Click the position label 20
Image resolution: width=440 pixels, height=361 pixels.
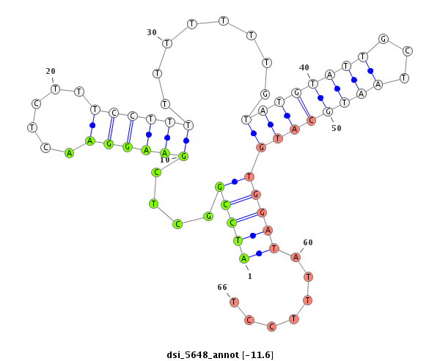tap(51, 72)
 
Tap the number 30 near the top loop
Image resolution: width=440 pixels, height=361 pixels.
tap(152, 32)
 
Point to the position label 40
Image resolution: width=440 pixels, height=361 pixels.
tap(304, 67)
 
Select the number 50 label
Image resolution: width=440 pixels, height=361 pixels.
tap(337, 128)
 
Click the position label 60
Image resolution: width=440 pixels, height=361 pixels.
tap(308, 242)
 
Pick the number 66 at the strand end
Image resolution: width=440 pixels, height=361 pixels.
tap(222, 287)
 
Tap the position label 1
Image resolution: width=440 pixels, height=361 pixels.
tap(250, 276)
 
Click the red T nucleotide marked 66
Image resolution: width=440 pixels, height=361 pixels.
tap(234, 302)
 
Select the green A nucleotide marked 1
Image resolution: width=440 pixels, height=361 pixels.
tap(244, 258)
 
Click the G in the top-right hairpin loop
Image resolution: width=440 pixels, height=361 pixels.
tap(384, 39)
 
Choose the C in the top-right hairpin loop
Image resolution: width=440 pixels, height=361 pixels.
tap(408, 51)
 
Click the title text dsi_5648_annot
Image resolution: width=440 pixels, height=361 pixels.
tap(202, 355)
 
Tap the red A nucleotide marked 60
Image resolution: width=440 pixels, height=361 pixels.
tap(296, 257)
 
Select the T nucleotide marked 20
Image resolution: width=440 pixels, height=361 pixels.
tap(56, 89)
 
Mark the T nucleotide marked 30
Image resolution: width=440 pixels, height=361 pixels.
tap(167, 43)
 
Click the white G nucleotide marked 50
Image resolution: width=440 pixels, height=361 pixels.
tap(328, 112)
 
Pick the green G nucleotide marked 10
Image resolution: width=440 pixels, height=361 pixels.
tap(183, 156)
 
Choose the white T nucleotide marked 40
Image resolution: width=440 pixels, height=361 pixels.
tap(312, 83)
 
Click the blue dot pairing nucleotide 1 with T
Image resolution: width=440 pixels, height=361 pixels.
tap(259, 253)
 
